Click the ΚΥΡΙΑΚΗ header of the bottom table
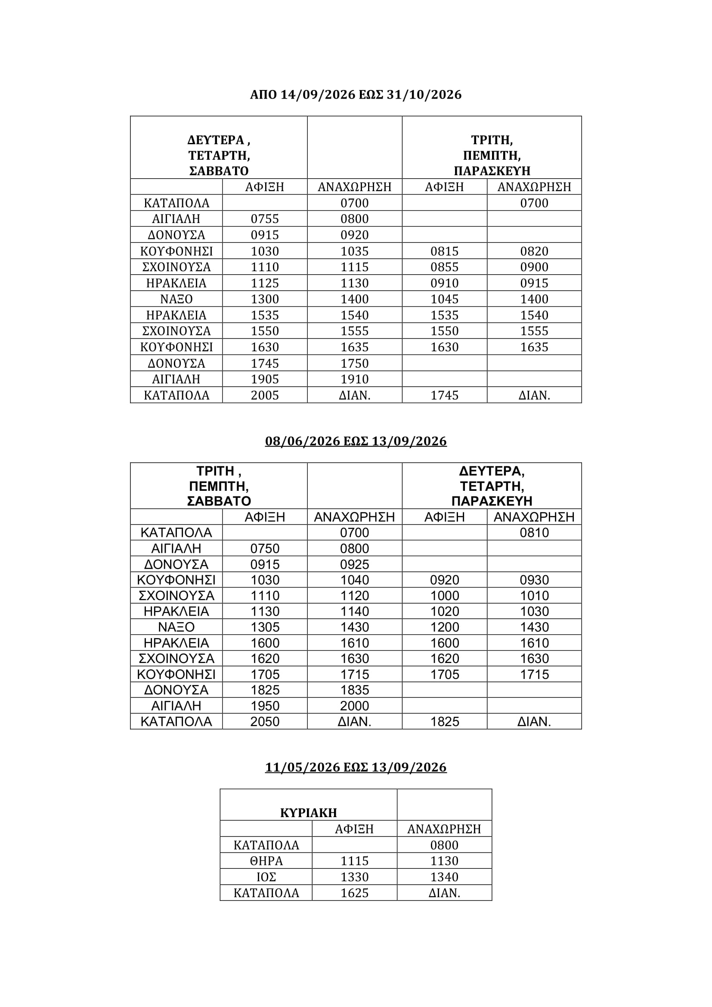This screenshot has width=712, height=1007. tap(308, 813)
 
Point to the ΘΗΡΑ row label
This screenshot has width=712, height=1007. tap(266, 861)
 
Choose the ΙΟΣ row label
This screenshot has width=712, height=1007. tap(266, 877)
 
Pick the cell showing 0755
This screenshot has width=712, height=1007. tap(265, 219)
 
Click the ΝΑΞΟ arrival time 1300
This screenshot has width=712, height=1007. tap(265, 299)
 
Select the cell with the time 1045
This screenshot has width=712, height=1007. tap(445, 299)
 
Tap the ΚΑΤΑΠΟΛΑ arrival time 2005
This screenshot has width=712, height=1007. tap(265, 395)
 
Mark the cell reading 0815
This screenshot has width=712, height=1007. tap(445, 251)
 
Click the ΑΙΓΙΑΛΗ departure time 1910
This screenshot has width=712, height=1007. tap(355, 379)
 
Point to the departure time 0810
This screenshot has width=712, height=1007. tap(535, 533)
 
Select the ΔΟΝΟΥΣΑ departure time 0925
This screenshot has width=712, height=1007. tap(355, 564)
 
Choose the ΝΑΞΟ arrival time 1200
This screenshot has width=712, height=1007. tap(445, 627)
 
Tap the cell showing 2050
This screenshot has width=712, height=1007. tap(265, 722)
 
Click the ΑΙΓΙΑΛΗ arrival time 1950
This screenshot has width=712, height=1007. tap(265, 706)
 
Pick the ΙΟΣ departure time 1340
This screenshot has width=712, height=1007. tap(444, 877)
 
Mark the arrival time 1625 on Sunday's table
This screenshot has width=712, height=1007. tap(354, 893)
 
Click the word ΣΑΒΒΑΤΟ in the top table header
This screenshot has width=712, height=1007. tap(219, 170)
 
